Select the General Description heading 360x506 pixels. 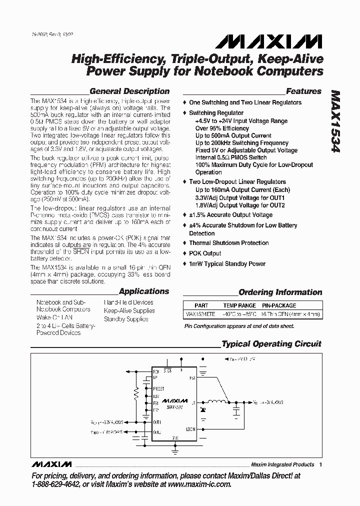tap(129, 91)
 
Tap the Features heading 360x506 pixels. tap(303, 91)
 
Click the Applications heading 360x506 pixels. tap(144, 291)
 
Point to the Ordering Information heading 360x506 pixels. tap(280, 292)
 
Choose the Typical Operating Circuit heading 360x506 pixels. tap(271, 344)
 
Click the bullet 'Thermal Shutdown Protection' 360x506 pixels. tap(228, 243)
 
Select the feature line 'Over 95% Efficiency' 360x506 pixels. tap(222, 128)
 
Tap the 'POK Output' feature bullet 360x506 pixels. tap(205, 253)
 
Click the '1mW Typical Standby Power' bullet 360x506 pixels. tap(227, 264)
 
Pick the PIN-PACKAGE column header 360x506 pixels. tap(279, 305)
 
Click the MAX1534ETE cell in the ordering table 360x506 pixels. tap(200, 314)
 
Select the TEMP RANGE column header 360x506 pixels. tap(239, 305)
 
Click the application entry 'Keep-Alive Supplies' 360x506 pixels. tap(129, 310)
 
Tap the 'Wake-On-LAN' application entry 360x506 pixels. tap(54, 317)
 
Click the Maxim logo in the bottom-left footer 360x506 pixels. tap(51, 464)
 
